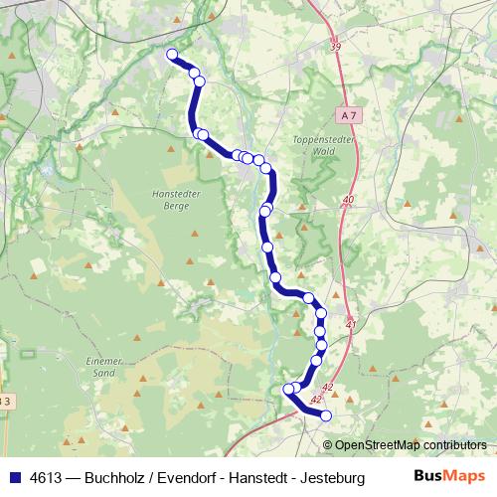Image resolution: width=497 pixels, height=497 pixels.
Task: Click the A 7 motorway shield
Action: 345,115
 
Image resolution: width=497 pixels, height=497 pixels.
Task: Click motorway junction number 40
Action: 347,200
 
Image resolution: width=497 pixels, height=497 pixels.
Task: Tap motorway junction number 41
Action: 351,324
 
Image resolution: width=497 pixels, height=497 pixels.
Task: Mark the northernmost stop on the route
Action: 172,55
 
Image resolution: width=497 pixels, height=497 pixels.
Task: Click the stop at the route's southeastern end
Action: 326,415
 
